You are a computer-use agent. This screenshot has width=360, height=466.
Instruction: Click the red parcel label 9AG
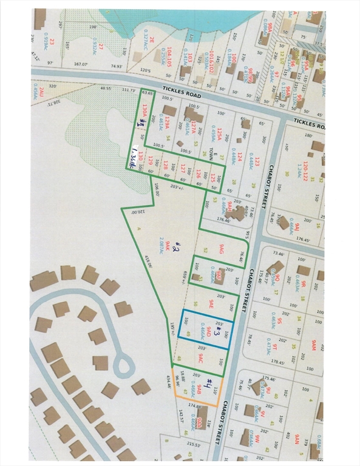(223, 249)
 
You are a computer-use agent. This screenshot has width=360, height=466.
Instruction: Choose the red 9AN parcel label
(297, 439)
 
